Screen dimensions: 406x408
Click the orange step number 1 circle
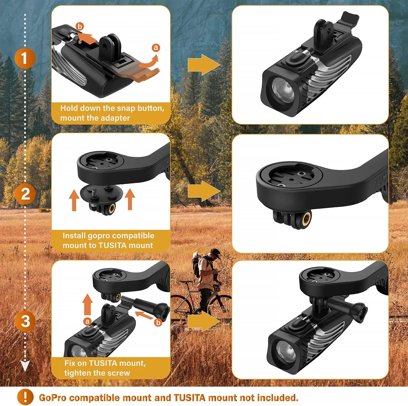(x=25, y=58)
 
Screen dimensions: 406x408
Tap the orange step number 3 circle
(x=25, y=321)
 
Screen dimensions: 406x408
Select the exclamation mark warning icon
(x=25, y=397)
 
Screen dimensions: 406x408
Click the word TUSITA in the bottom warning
(x=189, y=398)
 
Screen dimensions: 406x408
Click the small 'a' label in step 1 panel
(x=155, y=48)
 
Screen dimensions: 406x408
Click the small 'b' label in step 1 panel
(x=80, y=26)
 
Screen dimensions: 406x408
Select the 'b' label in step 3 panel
(x=158, y=323)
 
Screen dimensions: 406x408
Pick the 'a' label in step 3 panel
(x=87, y=321)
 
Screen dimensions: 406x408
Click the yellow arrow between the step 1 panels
(x=203, y=65)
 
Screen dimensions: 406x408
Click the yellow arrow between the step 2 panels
(x=203, y=191)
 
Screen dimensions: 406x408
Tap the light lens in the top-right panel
(x=283, y=90)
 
